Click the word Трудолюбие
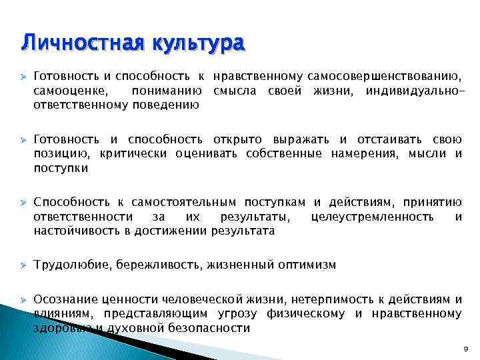point(72,265)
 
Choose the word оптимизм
point(307,265)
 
